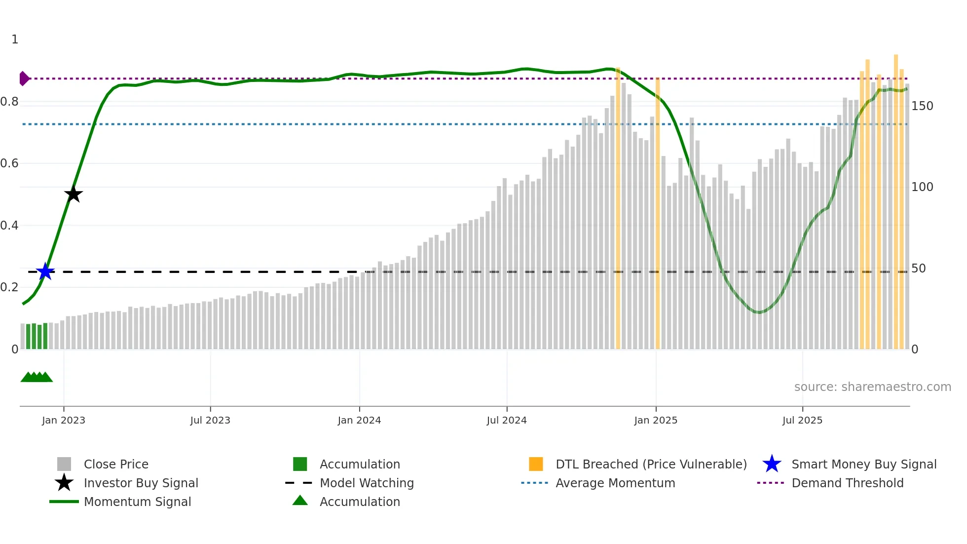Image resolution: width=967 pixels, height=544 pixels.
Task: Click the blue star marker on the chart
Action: [x=45, y=272]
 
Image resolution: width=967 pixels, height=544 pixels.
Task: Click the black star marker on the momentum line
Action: [x=74, y=194]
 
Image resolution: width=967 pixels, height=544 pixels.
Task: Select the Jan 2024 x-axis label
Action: [x=359, y=420]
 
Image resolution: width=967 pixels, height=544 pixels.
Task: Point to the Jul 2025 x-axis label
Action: [x=802, y=420]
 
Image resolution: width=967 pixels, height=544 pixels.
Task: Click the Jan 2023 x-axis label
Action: [x=64, y=420]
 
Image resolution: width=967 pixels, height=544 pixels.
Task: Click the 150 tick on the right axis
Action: [x=922, y=106]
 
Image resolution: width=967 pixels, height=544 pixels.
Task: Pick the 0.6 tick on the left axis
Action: [x=10, y=163]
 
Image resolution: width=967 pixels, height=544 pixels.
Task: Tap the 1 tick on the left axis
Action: [x=15, y=39]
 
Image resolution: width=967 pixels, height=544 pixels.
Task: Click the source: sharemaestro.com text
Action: [x=872, y=387]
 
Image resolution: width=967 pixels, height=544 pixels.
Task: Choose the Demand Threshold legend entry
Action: [x=847, y=483]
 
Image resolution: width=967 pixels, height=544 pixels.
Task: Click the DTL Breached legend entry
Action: [x=651, y=464]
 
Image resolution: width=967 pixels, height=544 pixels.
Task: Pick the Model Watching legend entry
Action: [x=366, y=483]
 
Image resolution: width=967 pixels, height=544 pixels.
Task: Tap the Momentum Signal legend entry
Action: [x=137, y=502]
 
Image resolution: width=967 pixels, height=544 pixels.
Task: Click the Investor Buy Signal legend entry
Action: [x=141, y=483]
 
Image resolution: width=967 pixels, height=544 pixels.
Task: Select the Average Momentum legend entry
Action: [x=615, y=483]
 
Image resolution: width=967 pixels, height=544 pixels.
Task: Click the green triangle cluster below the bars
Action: [x=37, y=377]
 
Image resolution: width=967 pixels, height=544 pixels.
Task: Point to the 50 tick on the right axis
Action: [x=919, y=269]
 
